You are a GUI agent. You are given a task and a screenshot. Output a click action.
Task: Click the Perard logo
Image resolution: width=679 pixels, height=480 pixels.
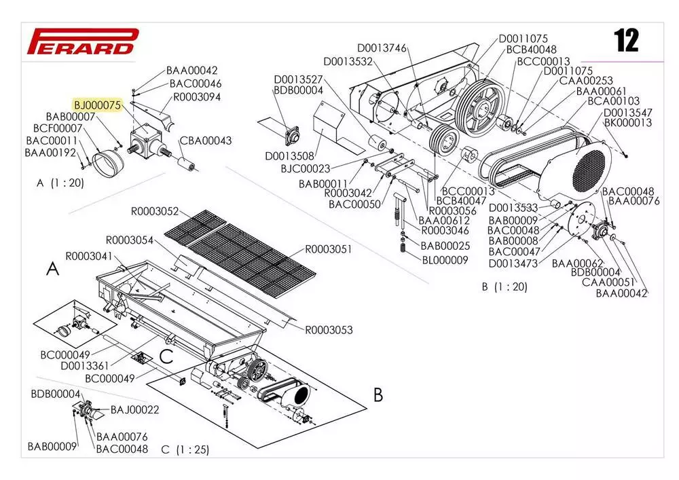click(x=81, y=41)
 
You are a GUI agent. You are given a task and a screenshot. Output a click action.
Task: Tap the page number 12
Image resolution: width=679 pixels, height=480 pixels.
click(x=626, y=41)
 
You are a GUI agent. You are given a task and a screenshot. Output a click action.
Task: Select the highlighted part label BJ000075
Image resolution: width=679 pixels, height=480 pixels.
click(x=96, y=105)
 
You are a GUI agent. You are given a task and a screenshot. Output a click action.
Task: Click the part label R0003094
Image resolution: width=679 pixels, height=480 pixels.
click(x=197, y=96)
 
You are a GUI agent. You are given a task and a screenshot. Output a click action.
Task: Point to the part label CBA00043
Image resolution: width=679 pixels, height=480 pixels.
click(x=206, y=141)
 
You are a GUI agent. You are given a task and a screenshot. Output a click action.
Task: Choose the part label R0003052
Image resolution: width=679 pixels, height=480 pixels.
click(x=155, y=210)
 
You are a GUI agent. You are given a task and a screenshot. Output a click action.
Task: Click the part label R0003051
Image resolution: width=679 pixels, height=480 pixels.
click(x=329, y=249)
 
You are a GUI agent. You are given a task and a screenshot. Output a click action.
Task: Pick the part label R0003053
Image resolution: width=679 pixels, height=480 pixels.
click(x=329, y=330)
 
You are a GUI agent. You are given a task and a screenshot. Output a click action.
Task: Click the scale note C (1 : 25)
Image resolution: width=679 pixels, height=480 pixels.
click(x=185, y=449)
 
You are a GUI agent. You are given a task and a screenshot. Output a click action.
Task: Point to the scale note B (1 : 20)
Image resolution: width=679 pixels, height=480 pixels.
click(x=504, y=287)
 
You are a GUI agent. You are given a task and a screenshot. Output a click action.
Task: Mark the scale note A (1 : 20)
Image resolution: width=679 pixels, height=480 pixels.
click(x=61, y=183)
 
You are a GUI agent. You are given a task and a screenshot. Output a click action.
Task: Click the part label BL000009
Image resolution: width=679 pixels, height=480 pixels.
click(x=445, y=259)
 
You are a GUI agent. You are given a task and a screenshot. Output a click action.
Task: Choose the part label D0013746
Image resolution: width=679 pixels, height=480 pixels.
click(x=382, y=48)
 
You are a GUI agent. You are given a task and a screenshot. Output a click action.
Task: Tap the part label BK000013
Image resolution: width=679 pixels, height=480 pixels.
click(x=627, y=123)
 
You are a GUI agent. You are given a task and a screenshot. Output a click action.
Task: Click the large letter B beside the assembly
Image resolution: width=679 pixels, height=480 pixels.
click(x=378, y=394)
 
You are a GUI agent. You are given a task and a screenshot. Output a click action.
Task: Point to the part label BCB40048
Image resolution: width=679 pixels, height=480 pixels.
click(x=531, y=49)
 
